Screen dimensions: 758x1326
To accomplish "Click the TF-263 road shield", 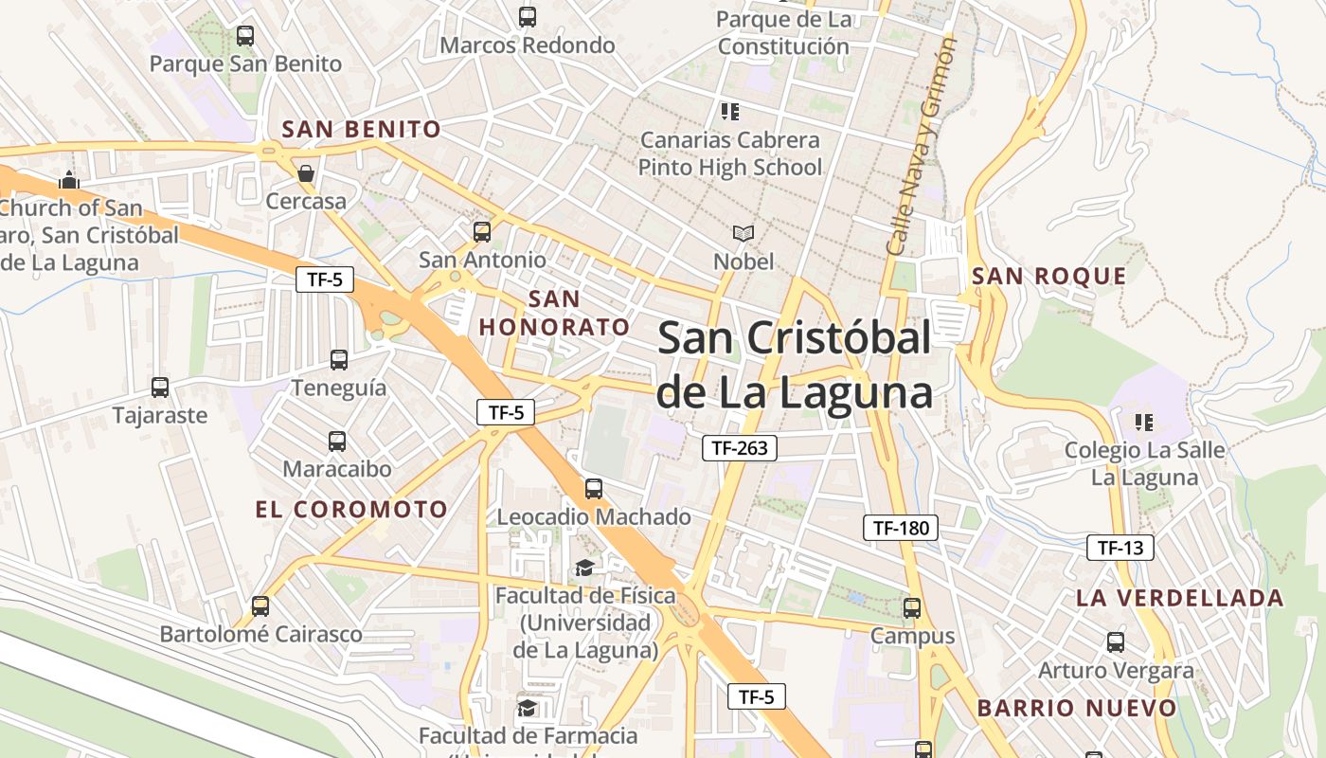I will [739, 448].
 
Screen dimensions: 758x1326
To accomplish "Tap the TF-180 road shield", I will [900, 528].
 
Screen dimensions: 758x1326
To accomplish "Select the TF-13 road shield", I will [1120, 547].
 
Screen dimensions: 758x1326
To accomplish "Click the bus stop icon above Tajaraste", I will [160, 388].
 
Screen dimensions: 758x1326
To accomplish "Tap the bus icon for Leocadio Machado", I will [594, 489].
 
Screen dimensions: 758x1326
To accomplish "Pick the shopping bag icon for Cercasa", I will [306, 173].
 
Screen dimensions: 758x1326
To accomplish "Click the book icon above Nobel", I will [744, 233].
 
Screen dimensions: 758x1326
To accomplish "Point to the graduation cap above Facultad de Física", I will [585, 568].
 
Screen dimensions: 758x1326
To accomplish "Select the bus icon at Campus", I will [912, 608].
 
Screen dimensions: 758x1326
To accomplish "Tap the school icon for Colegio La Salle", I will [1144, 422].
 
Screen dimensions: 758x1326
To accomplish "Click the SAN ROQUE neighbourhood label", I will [1049, 277].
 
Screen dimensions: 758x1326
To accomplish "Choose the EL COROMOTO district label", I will [351, 509].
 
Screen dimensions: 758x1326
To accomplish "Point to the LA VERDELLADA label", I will [1179, 598].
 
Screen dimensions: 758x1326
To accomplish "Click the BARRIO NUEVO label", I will [1077, 708].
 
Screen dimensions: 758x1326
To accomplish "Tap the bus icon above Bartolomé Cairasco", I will [260, 606].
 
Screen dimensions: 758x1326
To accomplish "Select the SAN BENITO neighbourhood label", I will [362, 129].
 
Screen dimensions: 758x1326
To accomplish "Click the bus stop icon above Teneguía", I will [339, 360].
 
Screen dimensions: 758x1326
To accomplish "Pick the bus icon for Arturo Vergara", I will [1116, 642].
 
